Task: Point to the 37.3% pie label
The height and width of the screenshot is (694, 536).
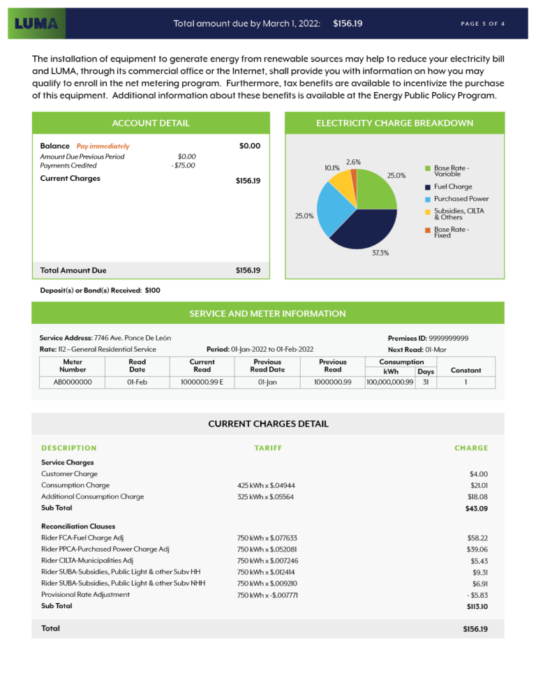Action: tap(380, 253)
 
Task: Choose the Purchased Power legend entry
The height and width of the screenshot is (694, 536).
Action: tap(461, 198)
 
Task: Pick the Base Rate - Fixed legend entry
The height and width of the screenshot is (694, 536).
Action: tap(452, 232)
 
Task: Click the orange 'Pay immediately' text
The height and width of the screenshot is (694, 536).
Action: tap(103, 147)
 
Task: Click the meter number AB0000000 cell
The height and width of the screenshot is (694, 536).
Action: tap(73, 382)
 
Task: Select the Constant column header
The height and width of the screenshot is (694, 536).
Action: tap(466, 370)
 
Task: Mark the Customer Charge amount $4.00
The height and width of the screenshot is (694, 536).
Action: tap(478, 474)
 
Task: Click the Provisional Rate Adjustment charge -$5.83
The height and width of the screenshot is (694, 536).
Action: tap(476, 594)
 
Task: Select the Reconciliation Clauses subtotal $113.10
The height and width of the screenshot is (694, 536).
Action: tap(476, 607)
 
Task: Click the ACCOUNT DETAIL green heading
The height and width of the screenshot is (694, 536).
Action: tap(151, 123)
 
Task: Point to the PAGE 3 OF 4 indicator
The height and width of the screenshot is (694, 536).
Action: tap(483, 24)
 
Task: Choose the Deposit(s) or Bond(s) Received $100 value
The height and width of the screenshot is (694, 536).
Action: tap(152, 290)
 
